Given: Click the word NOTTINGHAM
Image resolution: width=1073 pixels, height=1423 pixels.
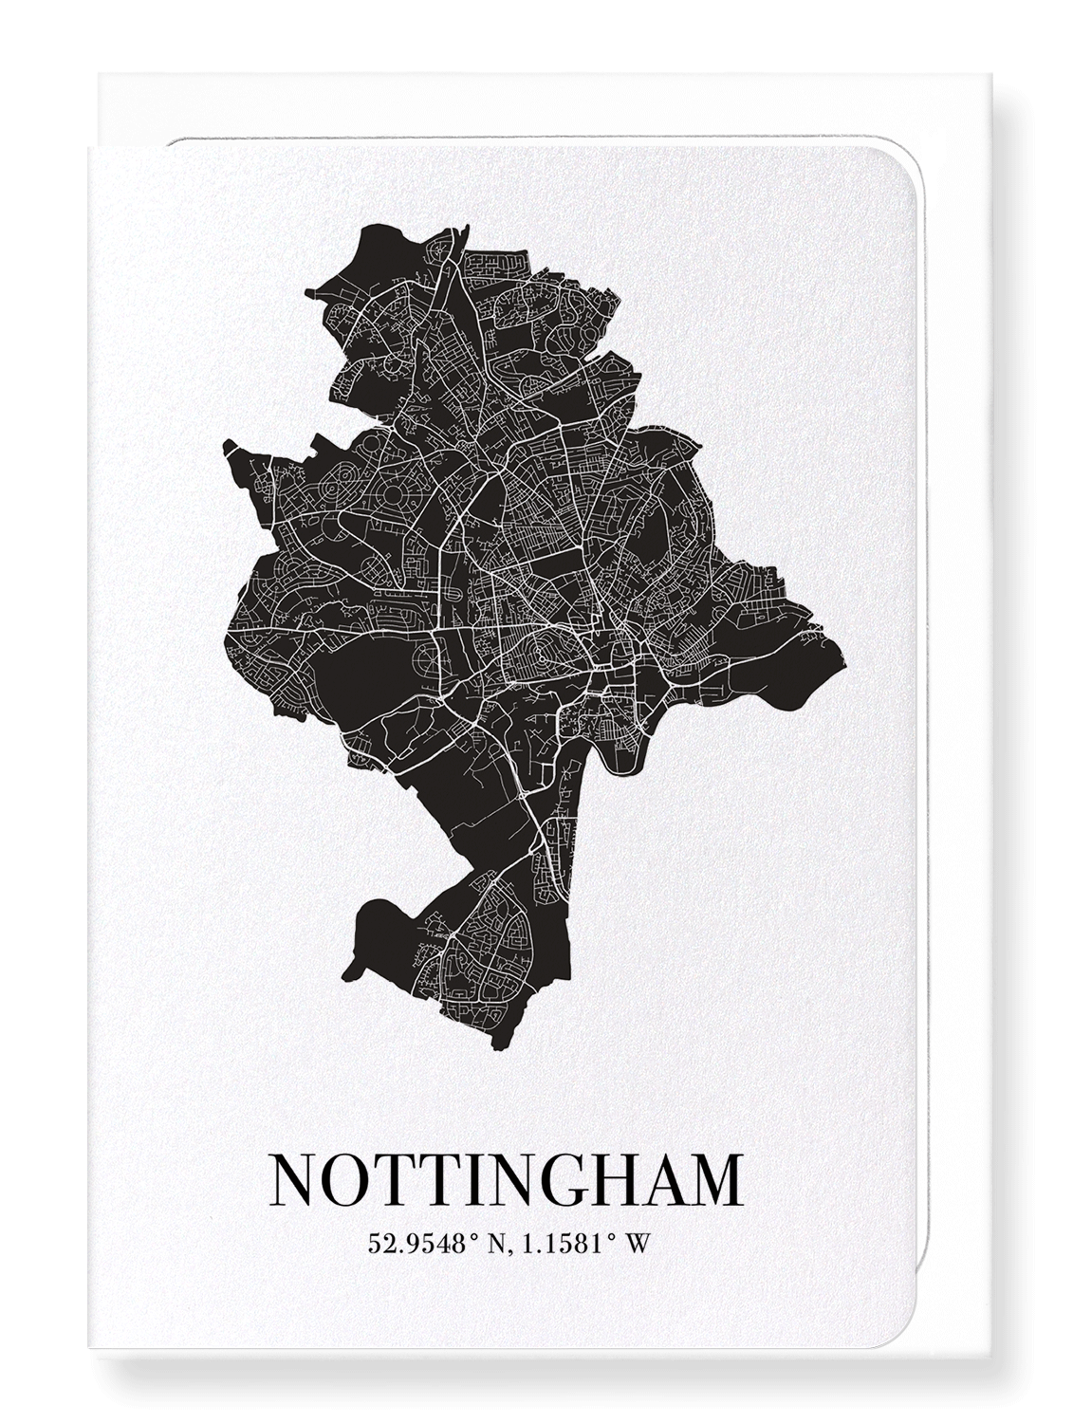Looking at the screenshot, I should pyautogui.click(x=506, y=1179).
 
